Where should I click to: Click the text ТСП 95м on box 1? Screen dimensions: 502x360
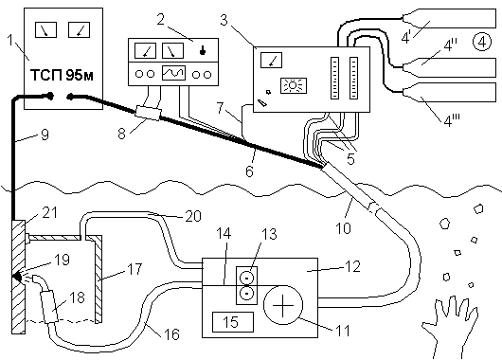click(63, 76)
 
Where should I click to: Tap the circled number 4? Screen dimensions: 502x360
click(482, 42)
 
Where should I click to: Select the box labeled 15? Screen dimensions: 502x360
click(233, 322)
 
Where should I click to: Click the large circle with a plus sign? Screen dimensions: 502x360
click(283, 305)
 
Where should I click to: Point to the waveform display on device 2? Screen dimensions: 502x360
click(173, 73)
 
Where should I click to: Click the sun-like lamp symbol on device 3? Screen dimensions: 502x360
click(294, 85)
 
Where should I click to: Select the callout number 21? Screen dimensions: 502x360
click(49, 212)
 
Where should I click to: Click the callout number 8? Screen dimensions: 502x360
click(121, 134)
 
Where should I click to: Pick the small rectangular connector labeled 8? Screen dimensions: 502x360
click(148, 113)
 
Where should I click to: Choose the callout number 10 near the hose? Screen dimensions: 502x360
click(343, 227)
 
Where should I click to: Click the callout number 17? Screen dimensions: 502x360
click(134, 269)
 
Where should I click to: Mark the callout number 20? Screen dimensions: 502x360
click(193, 216)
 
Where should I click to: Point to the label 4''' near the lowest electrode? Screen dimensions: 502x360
click(452, 120)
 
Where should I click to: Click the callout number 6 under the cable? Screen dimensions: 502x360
click(249, 171)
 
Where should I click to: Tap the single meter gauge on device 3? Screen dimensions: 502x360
click(271, 61)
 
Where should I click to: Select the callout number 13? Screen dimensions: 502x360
click(269, 234)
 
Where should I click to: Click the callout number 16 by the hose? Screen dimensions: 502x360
click(171, 334)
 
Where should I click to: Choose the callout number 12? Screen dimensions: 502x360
click(352, 266)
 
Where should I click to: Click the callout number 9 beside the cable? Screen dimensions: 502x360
click(45, 135)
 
